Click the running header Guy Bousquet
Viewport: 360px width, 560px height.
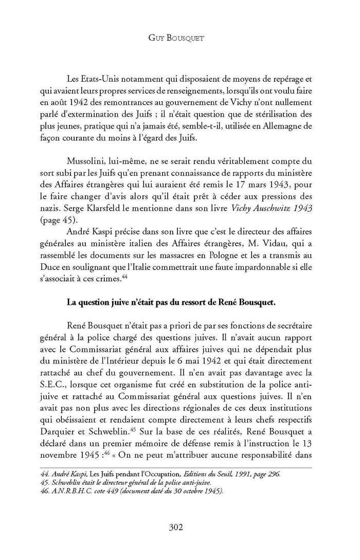point(180,38)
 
